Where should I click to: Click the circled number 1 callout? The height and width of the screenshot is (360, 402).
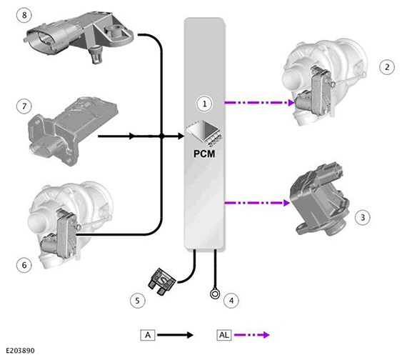coord(204,104)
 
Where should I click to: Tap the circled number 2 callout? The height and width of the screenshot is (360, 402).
coord(387,67)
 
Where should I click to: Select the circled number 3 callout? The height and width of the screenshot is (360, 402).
coord(363,217)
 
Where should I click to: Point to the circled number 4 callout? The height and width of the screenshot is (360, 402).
coord(231,301)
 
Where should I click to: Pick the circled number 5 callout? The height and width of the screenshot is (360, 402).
coord(137,301)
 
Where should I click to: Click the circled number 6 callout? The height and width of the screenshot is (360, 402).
coord(24,265)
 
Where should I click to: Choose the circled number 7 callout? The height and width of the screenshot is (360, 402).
coord(24,106)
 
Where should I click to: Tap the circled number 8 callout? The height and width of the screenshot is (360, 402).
coord(24,15)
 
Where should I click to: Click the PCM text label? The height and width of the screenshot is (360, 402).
coord(204,154)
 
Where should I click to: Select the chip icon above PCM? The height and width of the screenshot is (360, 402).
coord(204,133)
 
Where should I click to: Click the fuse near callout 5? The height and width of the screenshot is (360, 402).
coord(162,282)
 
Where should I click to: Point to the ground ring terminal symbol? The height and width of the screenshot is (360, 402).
coord(215,294)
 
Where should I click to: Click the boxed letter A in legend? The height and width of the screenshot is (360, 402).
coord(148,335)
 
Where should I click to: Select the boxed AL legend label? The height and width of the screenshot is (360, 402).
coord(223,335)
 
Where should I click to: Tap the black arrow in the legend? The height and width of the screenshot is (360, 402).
coord(176,335)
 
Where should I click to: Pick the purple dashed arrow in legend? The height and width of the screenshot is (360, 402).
coord(252,335)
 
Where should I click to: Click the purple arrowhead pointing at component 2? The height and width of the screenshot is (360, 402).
coord(291,103)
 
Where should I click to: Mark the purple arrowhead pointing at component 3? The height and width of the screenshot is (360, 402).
coord(286,203)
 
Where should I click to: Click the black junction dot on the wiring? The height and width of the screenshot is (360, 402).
coord(161,136)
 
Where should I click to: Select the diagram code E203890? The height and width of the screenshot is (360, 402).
coord(20,351)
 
